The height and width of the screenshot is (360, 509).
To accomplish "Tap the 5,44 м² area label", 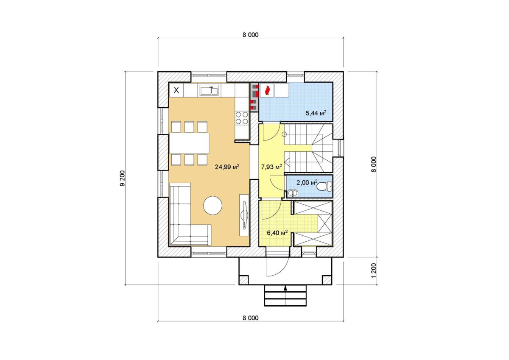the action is tap(316, 113).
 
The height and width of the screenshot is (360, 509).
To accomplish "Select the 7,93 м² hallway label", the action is tap(271, 167).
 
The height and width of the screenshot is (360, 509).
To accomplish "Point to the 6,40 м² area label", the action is tap(277, 233).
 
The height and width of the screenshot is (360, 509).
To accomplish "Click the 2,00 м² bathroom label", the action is tap(307, 182).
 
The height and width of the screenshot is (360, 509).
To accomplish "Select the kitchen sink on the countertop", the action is tap(209, 90).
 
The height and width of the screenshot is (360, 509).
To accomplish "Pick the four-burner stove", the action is tap(242, 118).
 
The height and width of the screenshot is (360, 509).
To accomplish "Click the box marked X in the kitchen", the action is tap(176, 90).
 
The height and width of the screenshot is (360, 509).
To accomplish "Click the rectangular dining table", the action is tap(189, 143).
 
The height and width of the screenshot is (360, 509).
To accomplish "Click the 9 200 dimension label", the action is tap(123, 178).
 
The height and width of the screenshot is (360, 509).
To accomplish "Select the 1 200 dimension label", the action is tap(374, 271).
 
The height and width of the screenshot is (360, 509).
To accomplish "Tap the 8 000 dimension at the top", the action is tap(250, 35).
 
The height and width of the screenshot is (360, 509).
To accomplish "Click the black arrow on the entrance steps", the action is tap(285, 288).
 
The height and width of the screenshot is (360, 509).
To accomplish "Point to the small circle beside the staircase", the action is tap(284, 134).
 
